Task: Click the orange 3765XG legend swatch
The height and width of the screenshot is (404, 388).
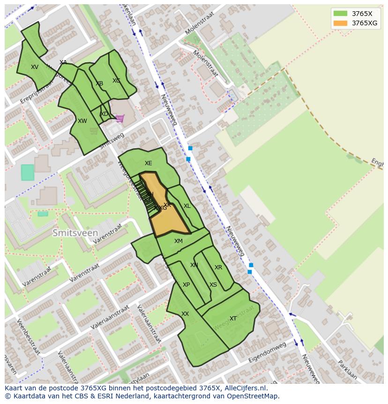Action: [341, 23]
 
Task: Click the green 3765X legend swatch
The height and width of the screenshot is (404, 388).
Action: [341, 14]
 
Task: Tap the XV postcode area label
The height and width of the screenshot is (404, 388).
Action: [35, 67]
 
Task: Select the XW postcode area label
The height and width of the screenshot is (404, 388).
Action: [82, 121]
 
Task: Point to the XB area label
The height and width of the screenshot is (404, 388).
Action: [99, 84]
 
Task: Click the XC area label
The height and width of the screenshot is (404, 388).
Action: [116, 81]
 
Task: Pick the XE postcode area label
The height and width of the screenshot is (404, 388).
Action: [148, 163]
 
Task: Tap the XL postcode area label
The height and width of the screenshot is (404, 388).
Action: [187, 206]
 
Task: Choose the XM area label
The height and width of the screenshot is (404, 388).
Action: [179, 241]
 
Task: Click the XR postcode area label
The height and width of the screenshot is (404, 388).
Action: [218, 267]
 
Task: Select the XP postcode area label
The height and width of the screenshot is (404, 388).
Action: [186, 285]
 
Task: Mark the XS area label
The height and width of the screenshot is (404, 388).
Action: [213, 285]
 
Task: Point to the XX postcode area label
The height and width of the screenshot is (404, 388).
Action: [185, 314]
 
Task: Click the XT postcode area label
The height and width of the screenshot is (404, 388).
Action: [233, 319]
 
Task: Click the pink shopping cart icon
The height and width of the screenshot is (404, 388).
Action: [120, 118]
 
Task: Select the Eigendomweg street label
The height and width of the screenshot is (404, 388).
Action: [269, 352]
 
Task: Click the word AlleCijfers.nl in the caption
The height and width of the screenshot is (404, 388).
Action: [243, 389]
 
